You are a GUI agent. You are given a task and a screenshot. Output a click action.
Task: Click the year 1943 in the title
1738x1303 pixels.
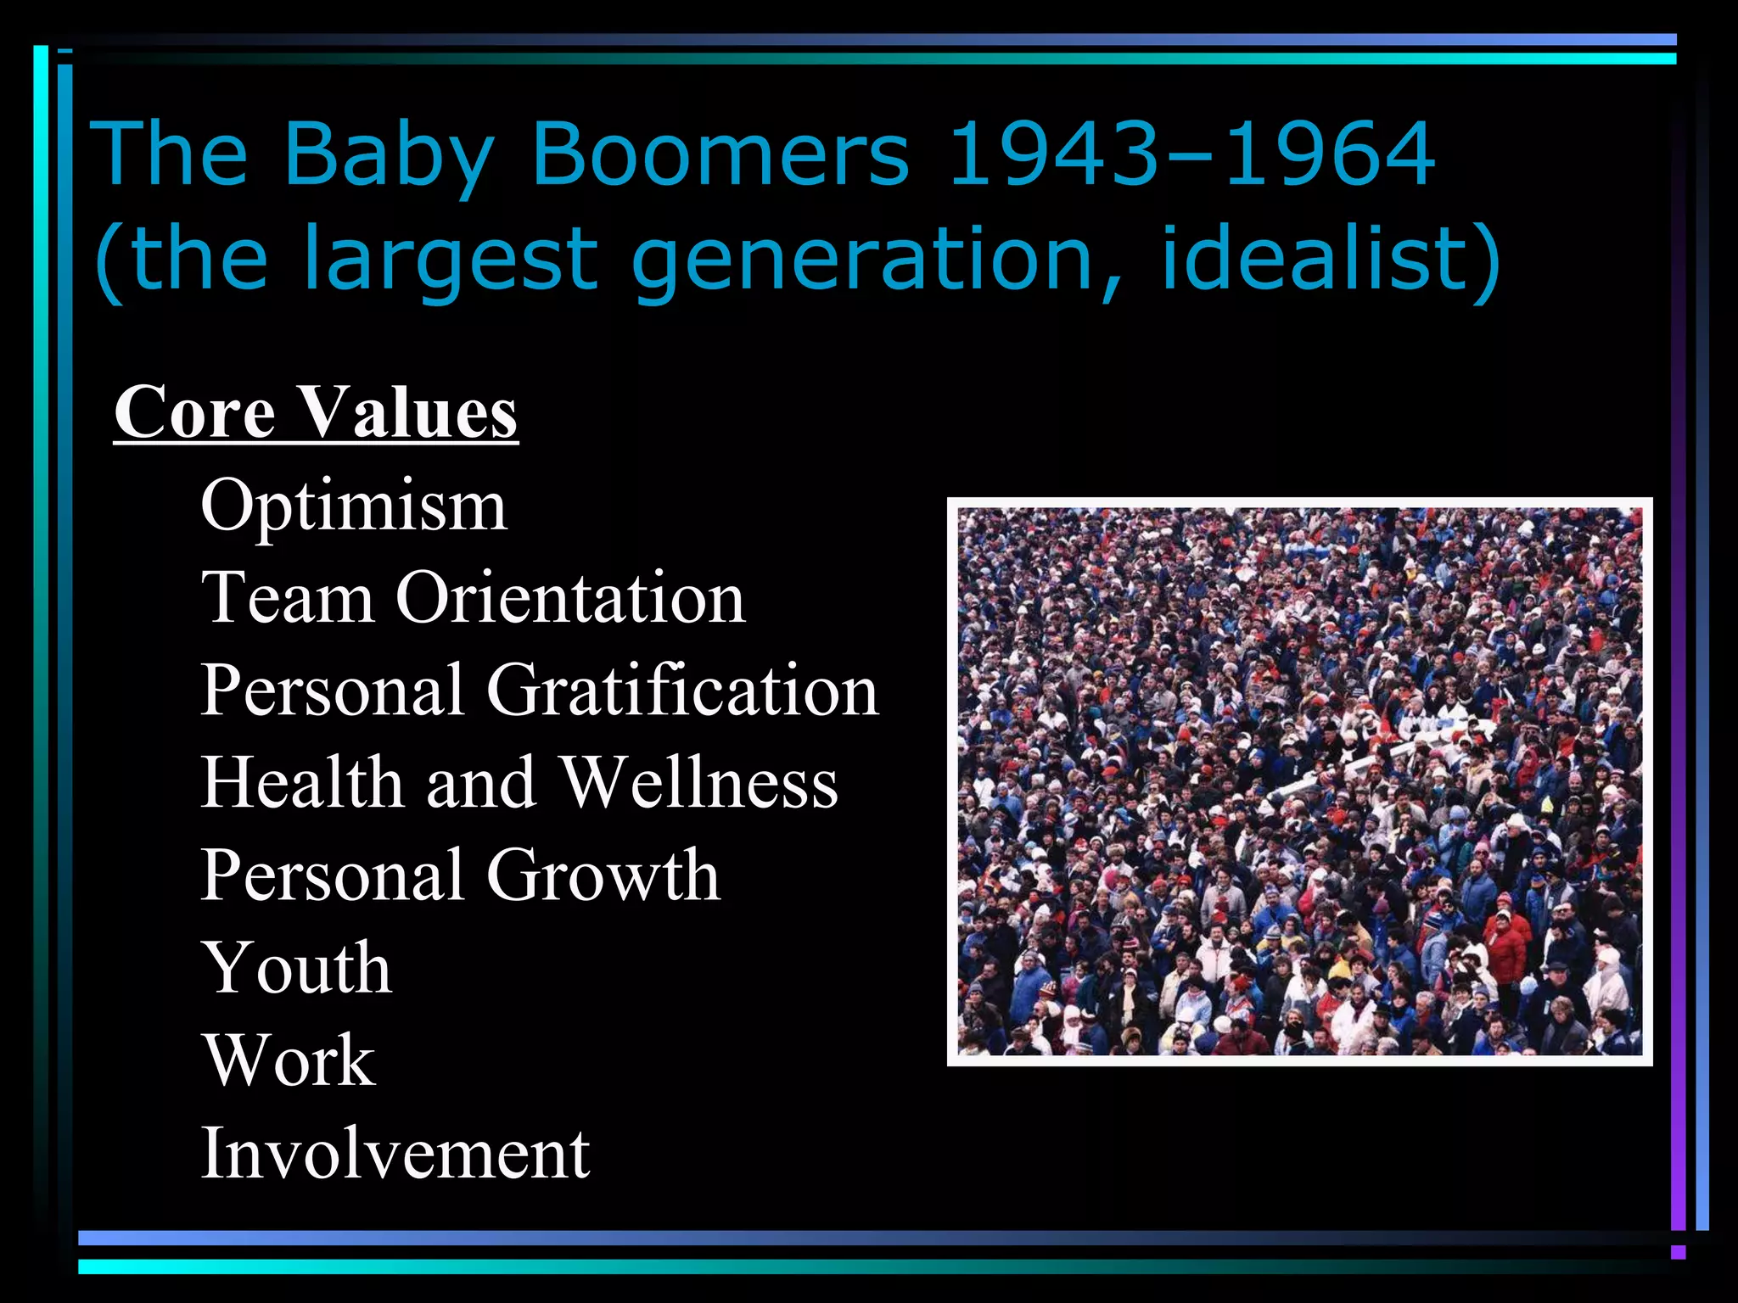pyautogui.click(x=1052, y=154)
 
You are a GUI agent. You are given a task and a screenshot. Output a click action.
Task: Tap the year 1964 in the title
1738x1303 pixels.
pyautogui.click(x=1329, y=154)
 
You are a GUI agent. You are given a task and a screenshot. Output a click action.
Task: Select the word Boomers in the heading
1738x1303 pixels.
pyautogui.click(x=720, y=154)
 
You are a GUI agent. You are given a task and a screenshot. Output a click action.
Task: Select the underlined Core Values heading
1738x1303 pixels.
pyautogui.click(x=316, y=412)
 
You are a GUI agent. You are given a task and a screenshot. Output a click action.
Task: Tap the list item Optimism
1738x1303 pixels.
pyautogui.click(x=354, y=506)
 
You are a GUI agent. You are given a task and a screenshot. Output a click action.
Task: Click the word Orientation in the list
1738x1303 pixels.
pyautogui.click(x=570, y=598)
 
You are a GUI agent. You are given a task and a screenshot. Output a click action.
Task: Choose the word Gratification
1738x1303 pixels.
pyautogui.click(x=682, y=691)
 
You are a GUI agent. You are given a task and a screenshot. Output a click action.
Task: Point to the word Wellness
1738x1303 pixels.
pyautogui.click(x=700, y=782)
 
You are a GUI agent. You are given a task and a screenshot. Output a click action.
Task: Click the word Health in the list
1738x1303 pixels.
pyautogui.click(x=302, y=782)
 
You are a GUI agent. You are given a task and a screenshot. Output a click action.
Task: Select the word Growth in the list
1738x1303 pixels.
pyautogui.click(x=603, y=875)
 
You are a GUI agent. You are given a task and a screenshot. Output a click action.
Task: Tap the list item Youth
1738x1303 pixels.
pyautogui.click(x=296, y=968)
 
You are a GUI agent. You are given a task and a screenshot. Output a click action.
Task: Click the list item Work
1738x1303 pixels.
pyautogui.click(x=289, y=1060)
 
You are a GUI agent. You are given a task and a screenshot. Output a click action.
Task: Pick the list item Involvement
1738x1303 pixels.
pyautogui.click(x=395, y=1153)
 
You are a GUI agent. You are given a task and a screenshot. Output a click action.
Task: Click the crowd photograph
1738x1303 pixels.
pyautogui.click(x=1299, y=781)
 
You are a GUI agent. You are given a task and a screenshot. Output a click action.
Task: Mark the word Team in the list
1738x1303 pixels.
pyautogui.click(x=287, y=598)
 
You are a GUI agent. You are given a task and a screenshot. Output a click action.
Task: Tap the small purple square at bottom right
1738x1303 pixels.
pyautogui.click(x=1678, y=1252)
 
